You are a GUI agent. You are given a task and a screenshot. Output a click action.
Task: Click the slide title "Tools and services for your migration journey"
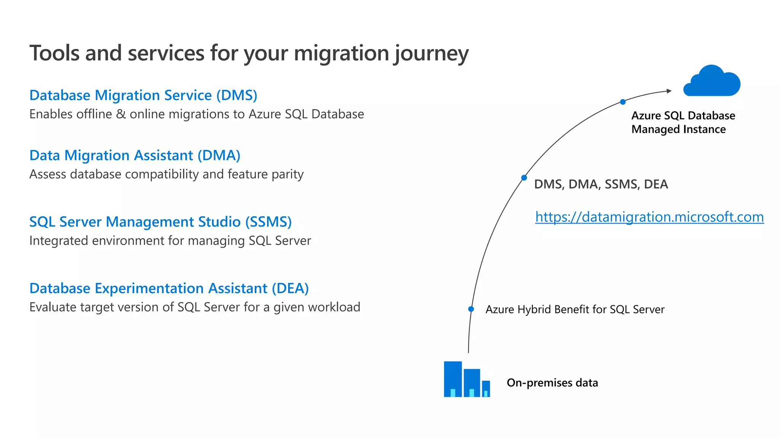click(x=249, y=53)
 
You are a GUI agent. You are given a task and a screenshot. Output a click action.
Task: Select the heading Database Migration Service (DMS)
click(x=143, y=95)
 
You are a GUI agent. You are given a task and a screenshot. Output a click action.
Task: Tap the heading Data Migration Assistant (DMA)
click(x=135, y=155)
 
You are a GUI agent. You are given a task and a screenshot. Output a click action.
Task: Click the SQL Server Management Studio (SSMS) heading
click(x=160, y=222)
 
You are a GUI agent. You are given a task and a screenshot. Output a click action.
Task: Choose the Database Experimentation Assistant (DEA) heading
click(x=169, y=288)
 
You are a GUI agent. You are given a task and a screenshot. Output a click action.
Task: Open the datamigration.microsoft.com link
click(x=649, y=217)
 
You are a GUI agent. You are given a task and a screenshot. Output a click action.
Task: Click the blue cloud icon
click(x=711, y=81)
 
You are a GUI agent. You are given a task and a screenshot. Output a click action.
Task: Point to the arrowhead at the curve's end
click(x=669, y=91)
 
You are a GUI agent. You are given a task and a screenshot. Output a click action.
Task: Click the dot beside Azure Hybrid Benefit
click(x=471, y=309)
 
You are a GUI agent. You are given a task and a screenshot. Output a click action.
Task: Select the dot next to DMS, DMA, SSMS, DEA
click(x=524, y=178)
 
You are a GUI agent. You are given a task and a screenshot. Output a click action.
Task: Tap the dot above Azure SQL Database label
click(x=623, y=102)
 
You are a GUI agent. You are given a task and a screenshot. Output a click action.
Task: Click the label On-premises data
click(x=552, y=382)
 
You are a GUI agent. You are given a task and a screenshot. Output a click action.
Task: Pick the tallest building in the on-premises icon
click(x=453, y=379)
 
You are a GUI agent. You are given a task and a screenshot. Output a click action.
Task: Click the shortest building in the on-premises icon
click(x=486, y=389)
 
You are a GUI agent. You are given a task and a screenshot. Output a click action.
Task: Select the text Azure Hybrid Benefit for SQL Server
click(x=575, y=309)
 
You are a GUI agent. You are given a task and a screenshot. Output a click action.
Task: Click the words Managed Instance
click(x=678, y=129)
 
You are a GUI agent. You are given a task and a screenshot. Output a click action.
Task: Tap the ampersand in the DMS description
click(x=121, y=114)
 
